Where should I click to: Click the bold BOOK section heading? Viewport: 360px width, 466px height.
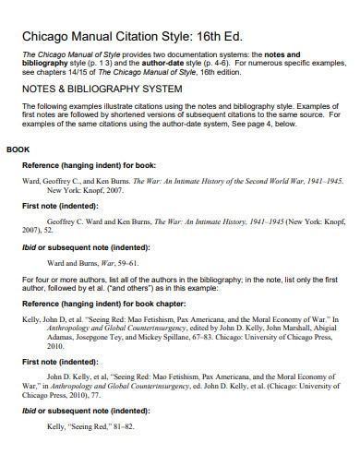coord(18,149)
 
